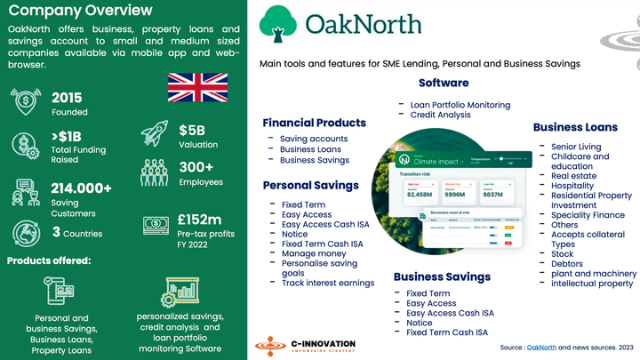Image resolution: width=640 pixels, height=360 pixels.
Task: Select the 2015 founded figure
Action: (x=68, y=98)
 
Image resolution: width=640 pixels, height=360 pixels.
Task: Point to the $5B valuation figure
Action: (x=193, y=130)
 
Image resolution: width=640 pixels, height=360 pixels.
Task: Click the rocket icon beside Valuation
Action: (x=154, y=133)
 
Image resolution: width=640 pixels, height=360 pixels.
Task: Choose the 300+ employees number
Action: (x=196, y=167)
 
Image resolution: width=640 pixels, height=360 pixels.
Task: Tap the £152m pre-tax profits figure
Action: (x=200, y=220)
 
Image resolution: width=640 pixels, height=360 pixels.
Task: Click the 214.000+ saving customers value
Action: (x=82, y=188)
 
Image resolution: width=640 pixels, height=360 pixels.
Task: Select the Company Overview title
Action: (x=80, y=11)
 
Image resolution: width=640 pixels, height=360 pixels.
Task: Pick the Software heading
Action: (x=444, y=83)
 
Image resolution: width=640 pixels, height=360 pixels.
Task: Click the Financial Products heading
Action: (x=314, y=123)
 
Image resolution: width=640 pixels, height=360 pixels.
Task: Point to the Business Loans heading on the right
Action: (x=575, y=127)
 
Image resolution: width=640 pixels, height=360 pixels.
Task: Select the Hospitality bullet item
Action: (x=572, y=186)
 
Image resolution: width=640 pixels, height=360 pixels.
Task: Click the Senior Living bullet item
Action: (x=575, y=147)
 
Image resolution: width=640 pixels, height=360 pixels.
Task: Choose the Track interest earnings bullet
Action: (x=327, y=283)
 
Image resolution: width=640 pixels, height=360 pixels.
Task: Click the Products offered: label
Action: (x=49, y=260)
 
